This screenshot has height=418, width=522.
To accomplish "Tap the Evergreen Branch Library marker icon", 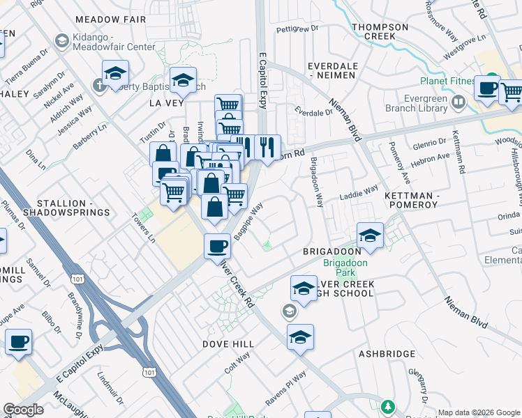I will point(458,103).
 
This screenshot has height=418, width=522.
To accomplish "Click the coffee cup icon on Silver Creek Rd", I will point(217,246).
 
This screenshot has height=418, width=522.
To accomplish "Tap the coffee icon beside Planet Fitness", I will point(487,88).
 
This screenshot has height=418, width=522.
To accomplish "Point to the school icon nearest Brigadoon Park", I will point(370,235).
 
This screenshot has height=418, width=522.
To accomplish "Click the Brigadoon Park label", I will point(340,268).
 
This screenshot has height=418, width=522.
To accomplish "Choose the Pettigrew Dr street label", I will point(297,29).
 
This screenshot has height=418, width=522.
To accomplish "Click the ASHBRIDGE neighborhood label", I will point(387,354).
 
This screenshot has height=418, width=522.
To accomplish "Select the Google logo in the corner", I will point(23,410).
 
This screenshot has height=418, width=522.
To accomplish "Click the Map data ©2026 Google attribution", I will point(479,412).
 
